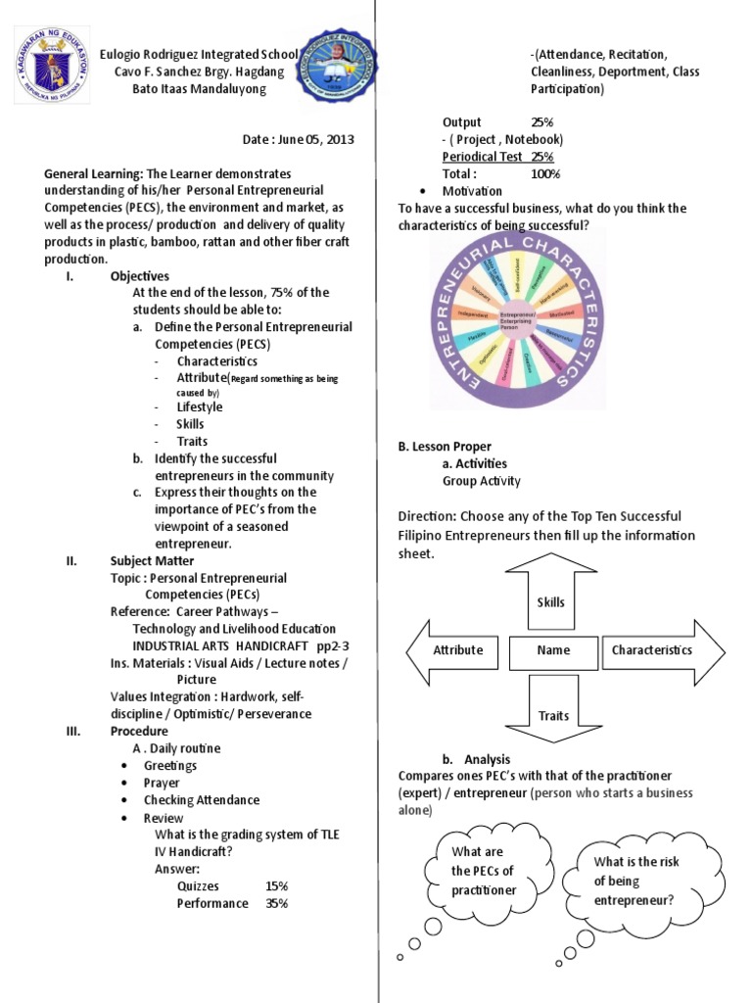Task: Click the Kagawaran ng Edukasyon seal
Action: point(51,66)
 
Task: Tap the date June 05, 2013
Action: point(299,139)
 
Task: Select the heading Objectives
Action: point(140,276)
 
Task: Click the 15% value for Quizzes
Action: point(276,885)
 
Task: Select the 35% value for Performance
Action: point(276,903)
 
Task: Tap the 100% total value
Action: point(544,173)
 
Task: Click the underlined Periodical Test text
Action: point(484,157)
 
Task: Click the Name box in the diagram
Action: point(553,650)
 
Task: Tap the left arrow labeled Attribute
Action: point(455,650)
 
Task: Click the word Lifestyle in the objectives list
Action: point(199,406)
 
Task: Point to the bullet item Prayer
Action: point(162,783)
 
